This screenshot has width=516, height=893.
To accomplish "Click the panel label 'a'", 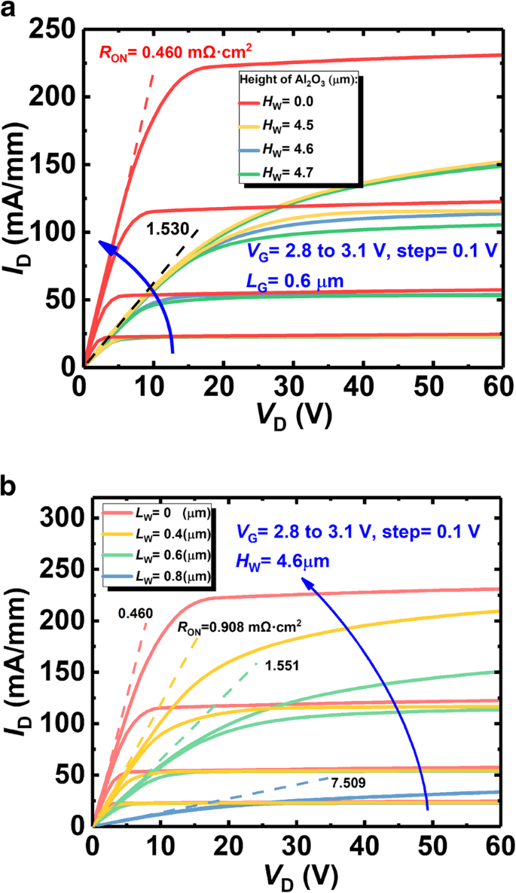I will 11,13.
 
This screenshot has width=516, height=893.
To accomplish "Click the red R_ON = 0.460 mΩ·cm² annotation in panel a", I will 176,53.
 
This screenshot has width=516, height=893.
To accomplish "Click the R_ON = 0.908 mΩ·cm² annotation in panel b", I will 228,625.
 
